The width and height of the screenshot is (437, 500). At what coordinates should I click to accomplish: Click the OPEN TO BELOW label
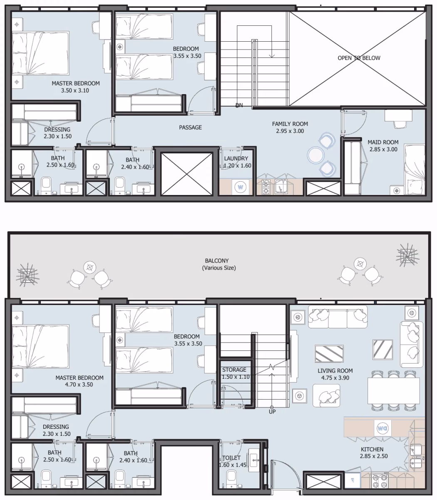coord(359,58)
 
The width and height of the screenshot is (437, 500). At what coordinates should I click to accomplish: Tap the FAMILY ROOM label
coord(290,124)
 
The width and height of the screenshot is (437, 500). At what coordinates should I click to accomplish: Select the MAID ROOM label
coord(383,142)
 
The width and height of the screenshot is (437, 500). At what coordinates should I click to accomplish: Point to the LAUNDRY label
coord(236,158)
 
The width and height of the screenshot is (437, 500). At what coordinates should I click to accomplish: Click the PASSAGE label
coord(191,127)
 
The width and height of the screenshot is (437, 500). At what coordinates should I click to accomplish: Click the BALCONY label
coord(217,260)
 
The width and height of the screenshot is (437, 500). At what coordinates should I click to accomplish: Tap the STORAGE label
coord(234,370)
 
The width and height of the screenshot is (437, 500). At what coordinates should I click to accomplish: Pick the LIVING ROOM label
coord(335,371)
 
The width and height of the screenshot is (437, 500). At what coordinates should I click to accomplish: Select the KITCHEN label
coord(372,449)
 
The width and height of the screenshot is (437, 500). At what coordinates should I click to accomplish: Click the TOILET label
coord(231,458)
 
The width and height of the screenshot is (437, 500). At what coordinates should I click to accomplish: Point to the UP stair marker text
coord(272,412)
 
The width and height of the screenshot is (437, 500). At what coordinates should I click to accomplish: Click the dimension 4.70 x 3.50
coord(79,385)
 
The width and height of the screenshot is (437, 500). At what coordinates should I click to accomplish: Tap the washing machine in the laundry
coord(241,187)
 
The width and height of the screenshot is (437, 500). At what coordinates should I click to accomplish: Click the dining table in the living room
coord(393,391)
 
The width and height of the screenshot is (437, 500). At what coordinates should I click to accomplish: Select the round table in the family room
coord(315,155)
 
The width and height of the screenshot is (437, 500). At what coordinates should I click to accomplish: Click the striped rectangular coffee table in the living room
coord(329,354)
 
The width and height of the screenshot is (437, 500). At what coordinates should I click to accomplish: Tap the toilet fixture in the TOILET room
coord(231,480)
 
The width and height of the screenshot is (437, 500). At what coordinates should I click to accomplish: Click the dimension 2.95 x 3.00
coord(290,131)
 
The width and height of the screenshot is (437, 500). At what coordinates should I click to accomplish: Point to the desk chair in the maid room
coord(400,124)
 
